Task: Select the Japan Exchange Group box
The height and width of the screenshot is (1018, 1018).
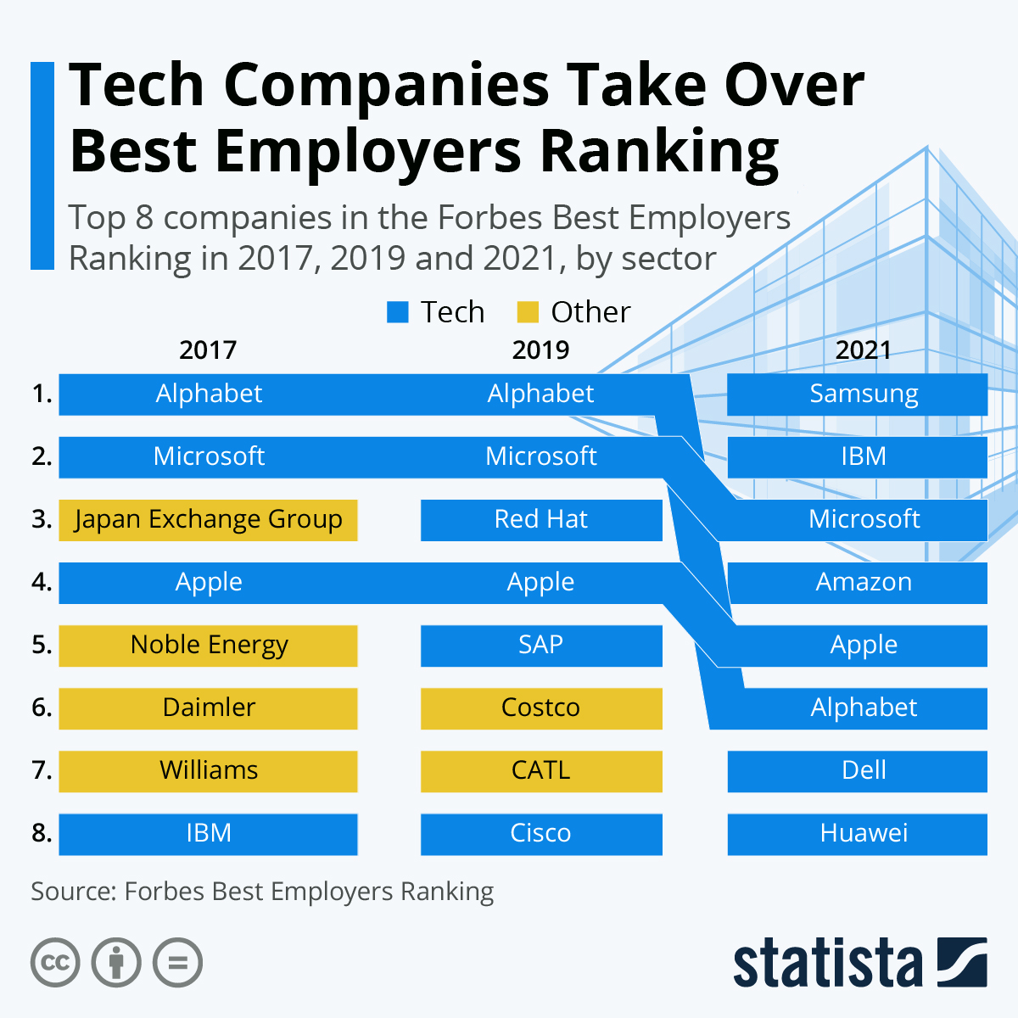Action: tap(208, 520)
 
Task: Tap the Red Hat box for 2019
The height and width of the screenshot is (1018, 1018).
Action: tap(541, 520)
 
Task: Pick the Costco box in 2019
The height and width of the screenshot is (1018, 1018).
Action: tap(541, 708)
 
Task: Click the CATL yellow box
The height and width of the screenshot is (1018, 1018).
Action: tap(541, 771)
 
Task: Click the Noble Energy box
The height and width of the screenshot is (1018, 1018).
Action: tap(208, 646)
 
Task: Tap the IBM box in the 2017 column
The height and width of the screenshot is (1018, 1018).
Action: tap(208, 834)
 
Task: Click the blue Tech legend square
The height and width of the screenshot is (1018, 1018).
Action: tap(397, 312)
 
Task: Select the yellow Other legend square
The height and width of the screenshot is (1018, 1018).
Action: tap(528, 312)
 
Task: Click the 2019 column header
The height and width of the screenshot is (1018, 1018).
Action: tap(540, 350)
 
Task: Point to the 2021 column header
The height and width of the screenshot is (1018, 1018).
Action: tap(863, 350)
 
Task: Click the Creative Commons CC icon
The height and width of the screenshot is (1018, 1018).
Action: tap(55, 963)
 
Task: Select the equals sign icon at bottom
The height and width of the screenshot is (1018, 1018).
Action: tap(177, 963)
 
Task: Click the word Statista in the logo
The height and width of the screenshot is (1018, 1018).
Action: tap(827, 964)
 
